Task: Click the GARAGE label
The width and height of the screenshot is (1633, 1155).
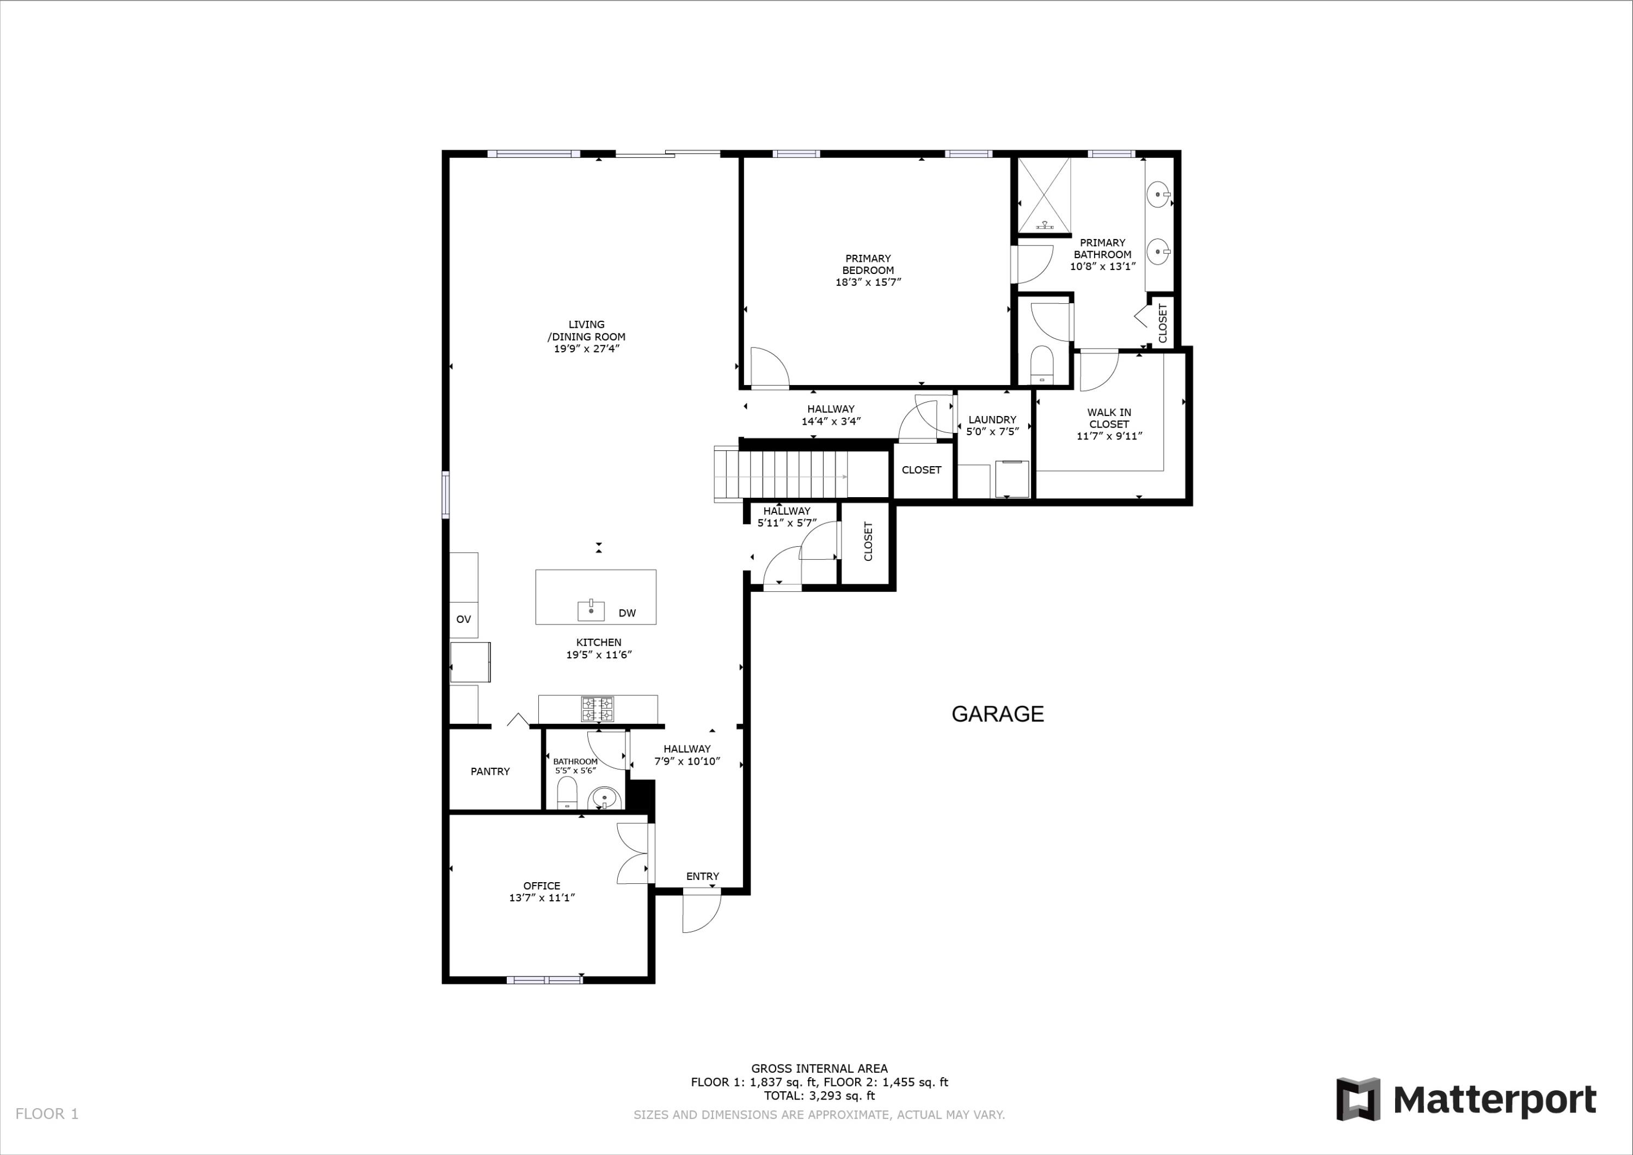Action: (x=997, y=714)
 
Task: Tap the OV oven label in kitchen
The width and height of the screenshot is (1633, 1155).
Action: (x=463, y=619)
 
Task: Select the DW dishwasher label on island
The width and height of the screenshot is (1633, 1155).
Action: (x=627, y=613)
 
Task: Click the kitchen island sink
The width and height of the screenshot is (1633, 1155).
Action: (x=591, y=610)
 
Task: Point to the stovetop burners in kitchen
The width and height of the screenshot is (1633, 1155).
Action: (x=598, y=709)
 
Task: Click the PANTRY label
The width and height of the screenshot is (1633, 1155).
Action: (x=490, y=772)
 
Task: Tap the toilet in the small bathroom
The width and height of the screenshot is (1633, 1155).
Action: (x=567, y=793)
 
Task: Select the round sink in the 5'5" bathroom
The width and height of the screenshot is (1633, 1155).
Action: (x=604, y=798)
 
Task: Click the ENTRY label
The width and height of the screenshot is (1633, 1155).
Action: (x=702, y=876)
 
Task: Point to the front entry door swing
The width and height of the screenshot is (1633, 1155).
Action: (x=701, y=913)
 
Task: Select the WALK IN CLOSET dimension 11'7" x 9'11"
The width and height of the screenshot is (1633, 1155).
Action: (x=1109, y=436)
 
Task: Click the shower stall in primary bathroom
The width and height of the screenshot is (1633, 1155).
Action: (x=1043, y=195)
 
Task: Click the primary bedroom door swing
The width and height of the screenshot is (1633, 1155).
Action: (x=768, y=368)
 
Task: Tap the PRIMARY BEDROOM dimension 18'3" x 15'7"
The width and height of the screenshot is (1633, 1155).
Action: (x=868, y=282)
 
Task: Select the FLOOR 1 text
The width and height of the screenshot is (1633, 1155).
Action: (x=47, y=1114)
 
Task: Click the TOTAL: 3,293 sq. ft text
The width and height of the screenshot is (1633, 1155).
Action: (x=819, y=1096)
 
